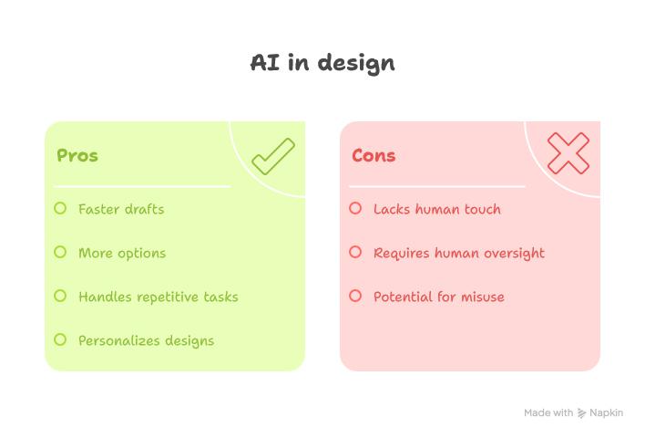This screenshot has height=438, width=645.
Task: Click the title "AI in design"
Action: coord(322,63)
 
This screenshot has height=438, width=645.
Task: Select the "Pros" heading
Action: coord(77,155)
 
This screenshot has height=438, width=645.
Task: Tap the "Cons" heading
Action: coord(374,155)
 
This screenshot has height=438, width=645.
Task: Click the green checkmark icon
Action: coord(273,156)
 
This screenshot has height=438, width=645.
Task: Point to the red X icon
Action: coord(568,153)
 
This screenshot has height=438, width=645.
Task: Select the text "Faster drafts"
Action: coord(121,209)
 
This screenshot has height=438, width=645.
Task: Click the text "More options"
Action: coord(122,253)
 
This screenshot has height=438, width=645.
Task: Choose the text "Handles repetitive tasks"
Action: coord(158,297)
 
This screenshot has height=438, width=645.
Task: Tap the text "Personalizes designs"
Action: coord(146,340)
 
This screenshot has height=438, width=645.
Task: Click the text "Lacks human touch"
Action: coord(437,209)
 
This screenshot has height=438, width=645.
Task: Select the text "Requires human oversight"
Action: coord(459,253)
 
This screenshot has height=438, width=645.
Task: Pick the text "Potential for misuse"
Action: coord(438,297)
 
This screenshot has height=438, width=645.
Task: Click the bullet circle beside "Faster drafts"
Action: coord(60,208)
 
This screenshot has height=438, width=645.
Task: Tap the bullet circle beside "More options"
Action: coord(60,252)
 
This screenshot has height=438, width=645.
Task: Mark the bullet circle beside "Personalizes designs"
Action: coord(60,339)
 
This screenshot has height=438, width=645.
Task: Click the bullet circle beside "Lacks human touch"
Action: coord(355,208)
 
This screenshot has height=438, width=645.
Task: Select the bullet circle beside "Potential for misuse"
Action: coord(355,296)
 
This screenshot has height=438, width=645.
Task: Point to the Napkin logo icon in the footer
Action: coord(582,413)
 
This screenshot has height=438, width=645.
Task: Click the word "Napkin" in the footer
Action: coord(607,413)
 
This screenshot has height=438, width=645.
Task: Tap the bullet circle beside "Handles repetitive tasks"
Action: coord(60,296)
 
